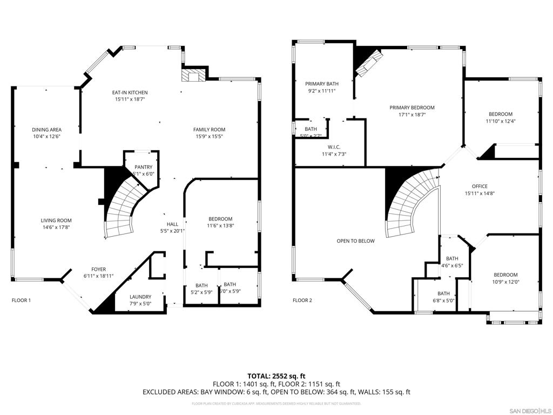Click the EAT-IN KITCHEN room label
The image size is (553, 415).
tap(131, 92)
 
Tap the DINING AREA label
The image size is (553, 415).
tap(46, 130)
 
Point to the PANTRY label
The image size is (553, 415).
tap(143, 167)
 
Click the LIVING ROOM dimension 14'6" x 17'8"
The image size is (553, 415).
tap(56, 227)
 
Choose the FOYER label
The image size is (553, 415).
tap(98, 269)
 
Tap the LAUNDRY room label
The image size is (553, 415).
tap(140, 297)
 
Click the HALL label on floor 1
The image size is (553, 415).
tap(172, 224)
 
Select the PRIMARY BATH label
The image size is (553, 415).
tap(322, 84)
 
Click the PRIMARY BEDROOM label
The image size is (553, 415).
tap(412, 108)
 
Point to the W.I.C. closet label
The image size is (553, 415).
tap(333, 147)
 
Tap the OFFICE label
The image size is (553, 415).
tap(479, 186)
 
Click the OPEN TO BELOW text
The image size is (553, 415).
tap(355, 241)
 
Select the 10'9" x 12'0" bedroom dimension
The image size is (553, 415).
tap(505, 282)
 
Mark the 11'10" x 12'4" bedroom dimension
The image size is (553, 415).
tap(501, 121)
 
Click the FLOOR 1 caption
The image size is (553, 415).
tap(22, 300)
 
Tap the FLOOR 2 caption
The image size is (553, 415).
tap(302, 300)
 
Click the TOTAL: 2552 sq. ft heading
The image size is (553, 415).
tap(276, 376)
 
